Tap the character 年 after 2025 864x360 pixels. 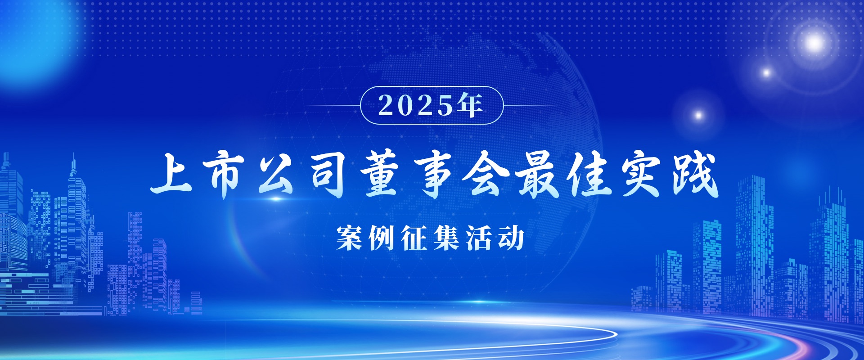pyautogui.click(x=471, y=105)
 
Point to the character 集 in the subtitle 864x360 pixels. pyautogui.click(x=447, y=238)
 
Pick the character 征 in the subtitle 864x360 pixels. pyautogui.click(x=414, y=238)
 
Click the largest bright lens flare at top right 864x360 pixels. pyautogui.click(x=814, y=43)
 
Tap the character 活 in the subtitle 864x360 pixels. pyautogui.click(x=479, y=238)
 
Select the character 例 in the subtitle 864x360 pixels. pyautogui.click(x=382, y=238)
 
